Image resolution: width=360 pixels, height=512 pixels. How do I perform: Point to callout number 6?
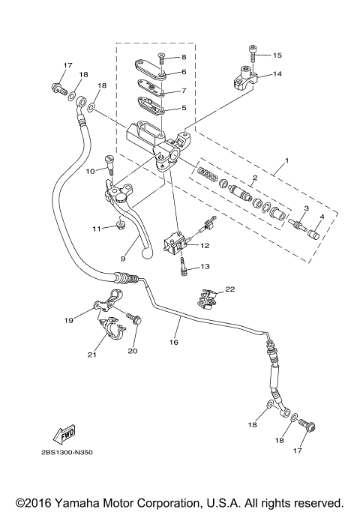point(182,72)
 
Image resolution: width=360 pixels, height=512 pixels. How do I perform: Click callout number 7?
point(182,91)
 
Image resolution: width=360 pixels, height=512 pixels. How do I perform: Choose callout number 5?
point(182,107)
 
